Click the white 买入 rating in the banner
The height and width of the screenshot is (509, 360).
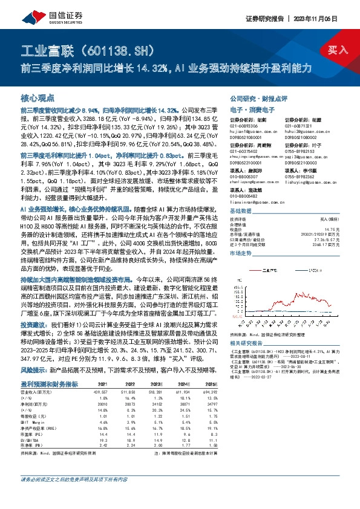point(338,50)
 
